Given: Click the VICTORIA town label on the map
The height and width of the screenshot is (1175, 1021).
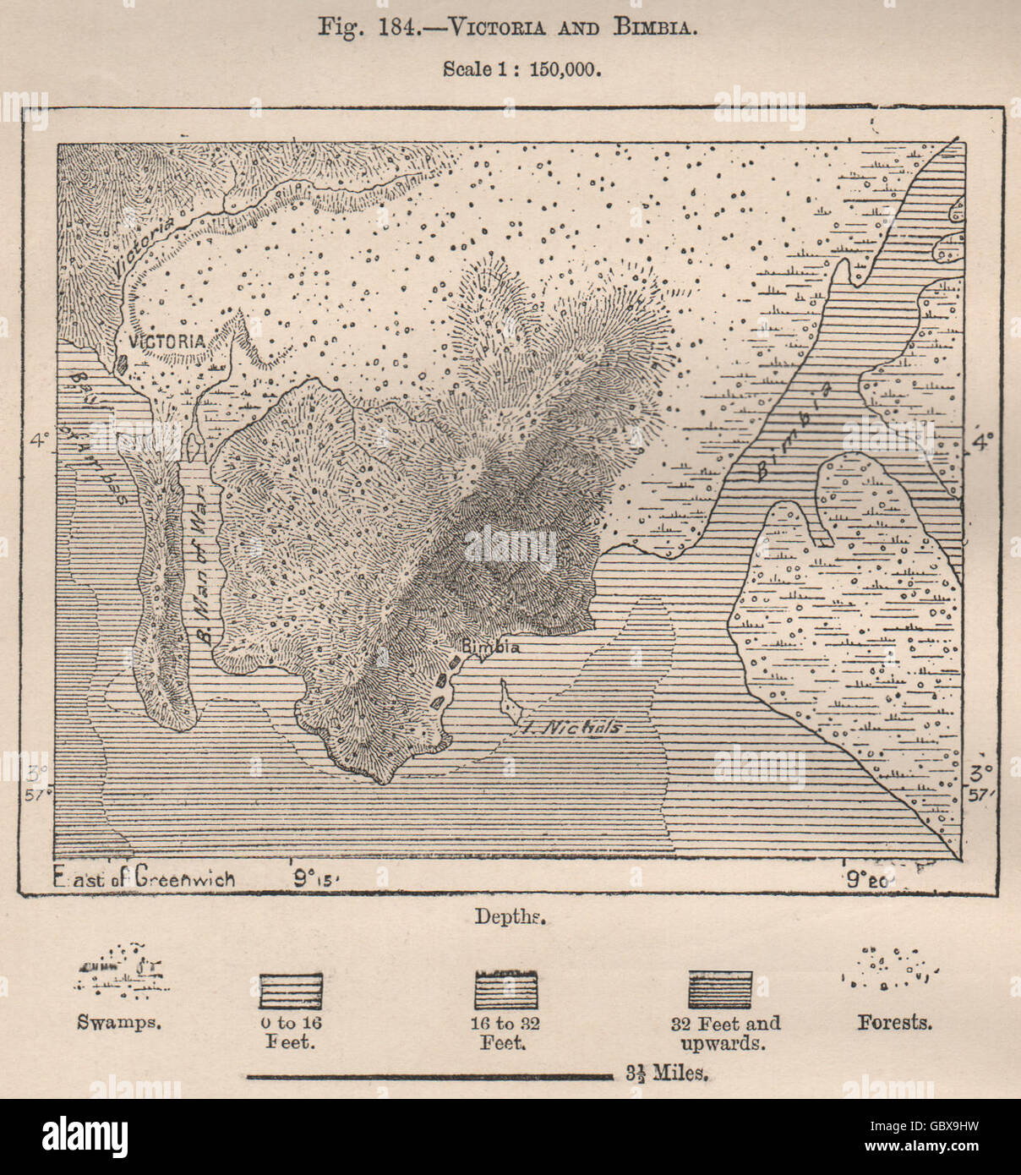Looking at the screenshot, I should click(x=167, y=341).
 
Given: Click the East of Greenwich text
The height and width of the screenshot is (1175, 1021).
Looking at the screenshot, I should click(x=144, y=877).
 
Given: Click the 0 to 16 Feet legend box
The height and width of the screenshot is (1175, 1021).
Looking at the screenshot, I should click(x=291, y=989).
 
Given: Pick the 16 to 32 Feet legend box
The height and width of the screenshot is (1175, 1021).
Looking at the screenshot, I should click(x=507, y=989).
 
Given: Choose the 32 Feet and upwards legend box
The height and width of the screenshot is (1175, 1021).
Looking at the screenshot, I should click(x=720, y=989).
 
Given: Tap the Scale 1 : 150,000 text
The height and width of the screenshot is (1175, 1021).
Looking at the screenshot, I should click(x=522, y=68).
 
